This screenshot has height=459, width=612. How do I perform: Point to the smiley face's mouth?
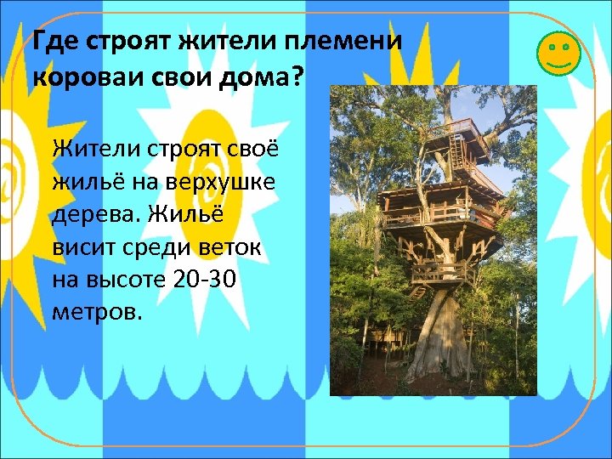coord(558,62)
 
